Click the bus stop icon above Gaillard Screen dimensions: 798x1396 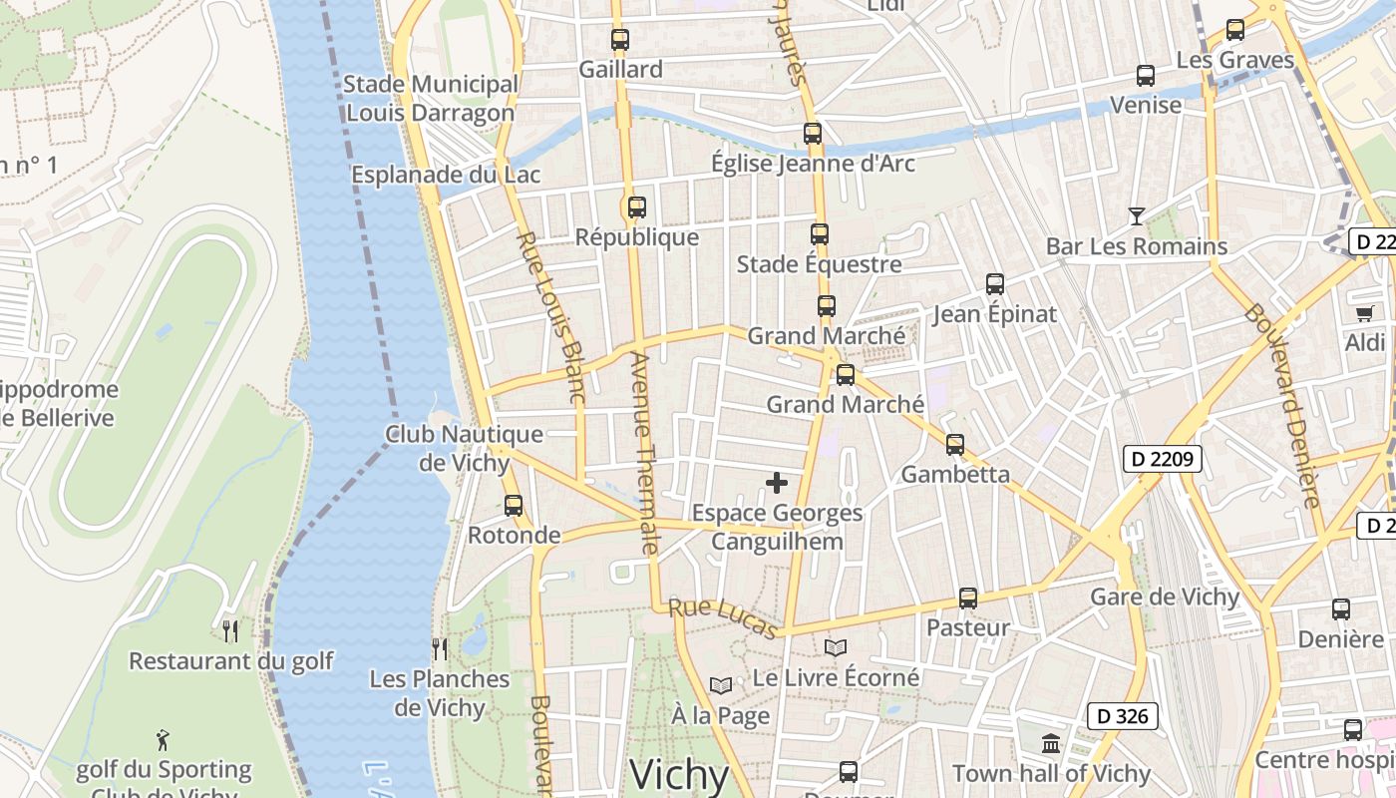[620, 40]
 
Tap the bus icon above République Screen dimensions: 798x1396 [636, 207]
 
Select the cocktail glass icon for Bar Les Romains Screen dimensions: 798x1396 [1136, 215]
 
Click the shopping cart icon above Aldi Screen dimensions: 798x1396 [1364, 313]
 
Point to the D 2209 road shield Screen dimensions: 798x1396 [1162, 459]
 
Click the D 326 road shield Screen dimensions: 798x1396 [1123, 715]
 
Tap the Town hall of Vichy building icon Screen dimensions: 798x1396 [1051, 743]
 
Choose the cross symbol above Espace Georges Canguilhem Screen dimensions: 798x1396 [776, 484]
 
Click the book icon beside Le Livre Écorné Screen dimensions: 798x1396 [836, 647]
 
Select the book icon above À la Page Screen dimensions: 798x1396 [720, 685]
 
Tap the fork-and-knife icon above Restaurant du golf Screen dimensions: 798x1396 [230, 630]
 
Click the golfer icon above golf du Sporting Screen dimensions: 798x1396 [164, 739]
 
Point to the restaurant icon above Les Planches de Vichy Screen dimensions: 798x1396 [439, 648]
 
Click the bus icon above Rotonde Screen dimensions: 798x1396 [514, 505]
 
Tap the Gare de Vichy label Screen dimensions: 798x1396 [1165, 598]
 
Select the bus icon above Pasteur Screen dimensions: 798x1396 [967, 598]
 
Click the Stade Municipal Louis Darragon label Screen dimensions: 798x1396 [430, 99]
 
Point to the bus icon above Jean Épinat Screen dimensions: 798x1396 [994, 283]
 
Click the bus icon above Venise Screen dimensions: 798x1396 [1145, 75]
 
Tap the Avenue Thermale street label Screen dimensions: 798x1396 [645, 454]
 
